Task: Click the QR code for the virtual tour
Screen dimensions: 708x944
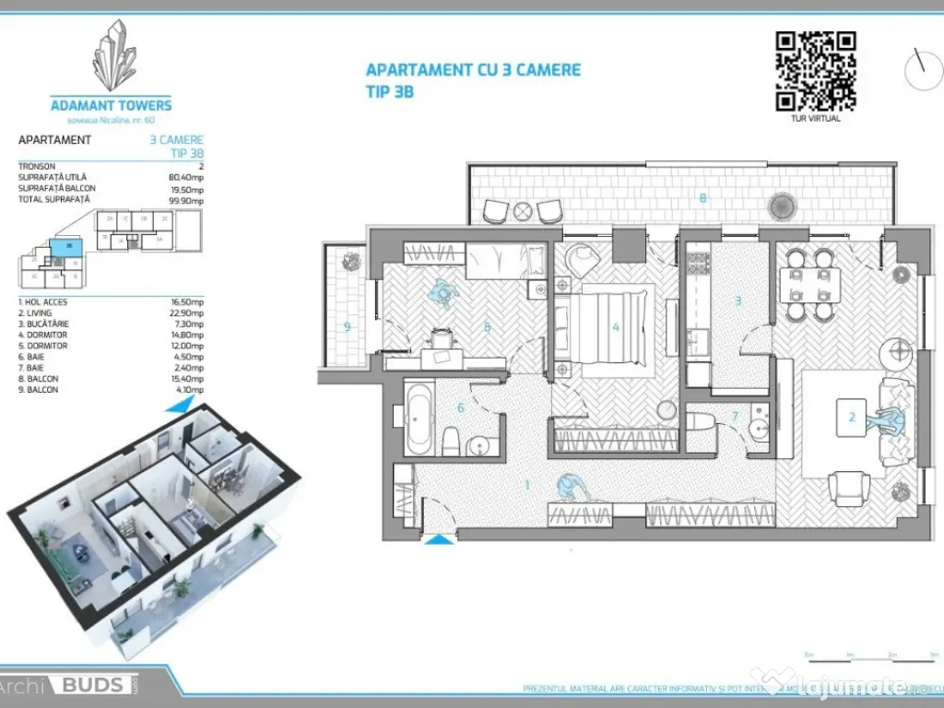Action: click(x=815, y=71)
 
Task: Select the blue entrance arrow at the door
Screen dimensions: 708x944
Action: click(x=439, y=540)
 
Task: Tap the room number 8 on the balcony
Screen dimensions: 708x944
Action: click(x=703, y=197)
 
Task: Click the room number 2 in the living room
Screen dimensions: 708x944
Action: click(x=852, y=418)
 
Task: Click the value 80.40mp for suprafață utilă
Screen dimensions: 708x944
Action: click(x=185, y=177)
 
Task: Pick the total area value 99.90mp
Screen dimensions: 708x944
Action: click(x=185, y=199)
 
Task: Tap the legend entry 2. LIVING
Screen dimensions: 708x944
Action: click(x=43, y=313)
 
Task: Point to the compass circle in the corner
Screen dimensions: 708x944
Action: click(x=923, y=70)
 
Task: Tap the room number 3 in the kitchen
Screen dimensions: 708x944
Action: click(x=737, y=301)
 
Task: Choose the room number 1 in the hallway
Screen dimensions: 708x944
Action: click(x=526, y=485)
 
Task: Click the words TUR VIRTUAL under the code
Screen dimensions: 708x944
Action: click(x=815, y=118)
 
